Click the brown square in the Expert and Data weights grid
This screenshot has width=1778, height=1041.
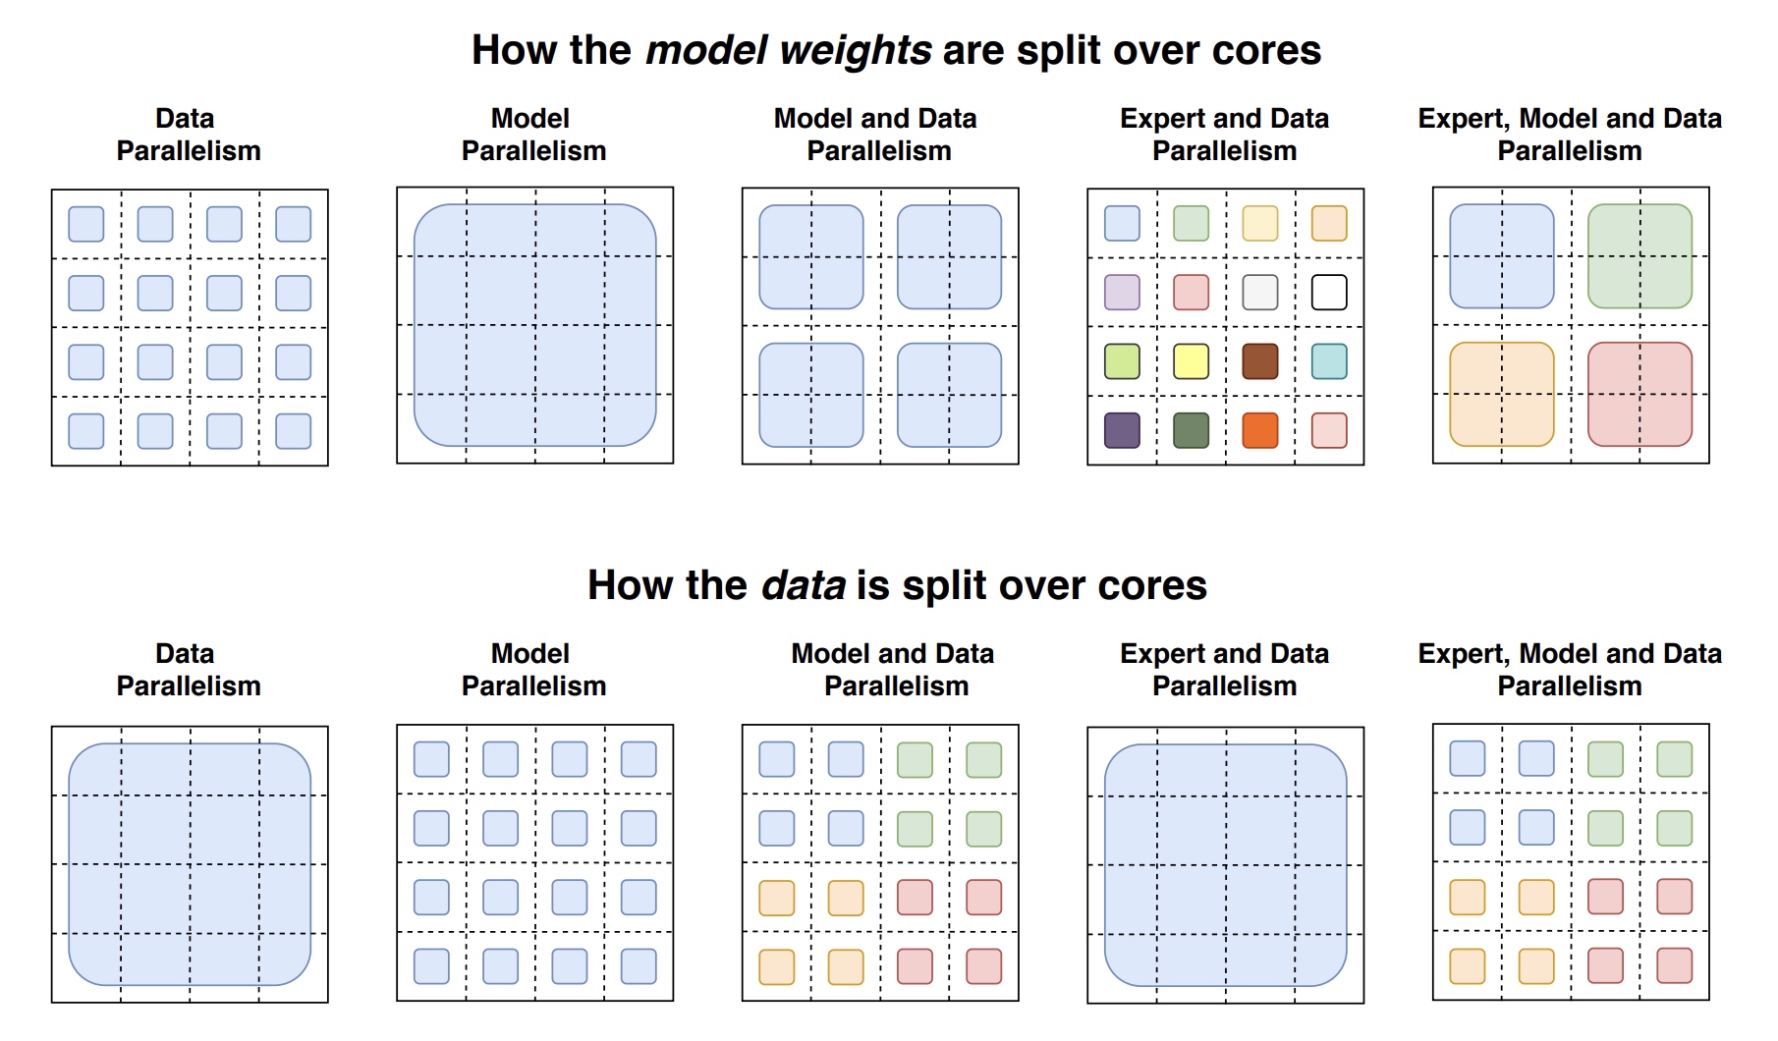tap(1259, 361)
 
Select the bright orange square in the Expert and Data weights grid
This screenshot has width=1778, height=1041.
tap(1259, 430)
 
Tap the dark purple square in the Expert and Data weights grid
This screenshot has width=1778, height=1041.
tap(1122, 430)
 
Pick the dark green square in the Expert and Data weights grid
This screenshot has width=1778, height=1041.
tap(1191, 430)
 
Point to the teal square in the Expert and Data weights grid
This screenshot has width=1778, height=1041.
tap(1329, 361)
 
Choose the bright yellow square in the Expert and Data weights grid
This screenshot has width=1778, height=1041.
tap(1191, 361)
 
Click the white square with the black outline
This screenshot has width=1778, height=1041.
tap(1329, 292)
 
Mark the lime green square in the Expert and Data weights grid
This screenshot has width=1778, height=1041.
tap(1122, 361)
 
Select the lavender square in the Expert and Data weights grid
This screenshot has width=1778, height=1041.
tap(1122, 292)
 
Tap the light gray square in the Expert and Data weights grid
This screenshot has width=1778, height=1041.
tap(1259, 292)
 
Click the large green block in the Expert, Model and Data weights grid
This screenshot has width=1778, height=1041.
tap(1639, 256)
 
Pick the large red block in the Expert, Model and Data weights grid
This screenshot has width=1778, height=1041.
tap(1639, 394)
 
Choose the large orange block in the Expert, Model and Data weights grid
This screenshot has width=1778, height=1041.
tap(1502, 394)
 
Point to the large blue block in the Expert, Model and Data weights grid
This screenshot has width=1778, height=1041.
tap(1502, 256)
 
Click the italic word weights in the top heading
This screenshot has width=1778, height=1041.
tap(856, 51)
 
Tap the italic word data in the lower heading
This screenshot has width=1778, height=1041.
tap(804, 585)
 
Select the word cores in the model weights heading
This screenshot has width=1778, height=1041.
tap(1267, 51)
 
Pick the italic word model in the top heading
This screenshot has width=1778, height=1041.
tap(706, 50)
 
